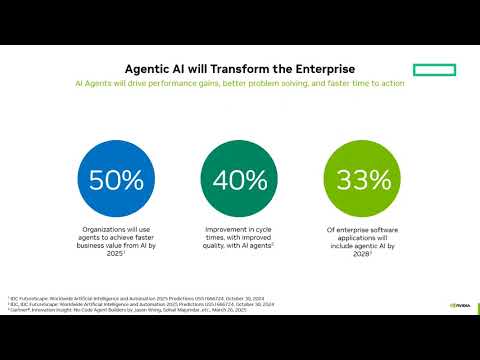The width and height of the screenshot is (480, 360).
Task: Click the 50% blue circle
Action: (x=117, y=180)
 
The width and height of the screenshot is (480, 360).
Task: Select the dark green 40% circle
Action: (x=239, y=180)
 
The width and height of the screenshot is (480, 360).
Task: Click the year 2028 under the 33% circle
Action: (x=359, y=254)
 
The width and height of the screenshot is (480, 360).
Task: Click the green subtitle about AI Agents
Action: (x=240, y=83)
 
